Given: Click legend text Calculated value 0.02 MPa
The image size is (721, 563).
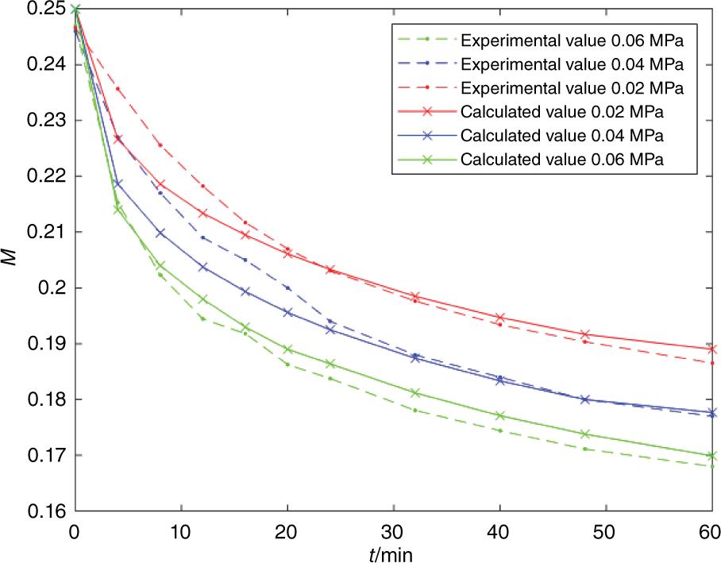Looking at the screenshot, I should click(562, 110).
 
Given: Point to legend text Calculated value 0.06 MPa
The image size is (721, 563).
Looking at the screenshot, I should click(562, 159).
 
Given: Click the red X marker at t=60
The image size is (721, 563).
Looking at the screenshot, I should click(711, 349).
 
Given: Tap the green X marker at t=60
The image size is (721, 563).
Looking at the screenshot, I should click(711, 456).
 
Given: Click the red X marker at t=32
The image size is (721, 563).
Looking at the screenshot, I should click(414, 296).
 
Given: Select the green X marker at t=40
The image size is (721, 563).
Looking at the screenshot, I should click(499, 415).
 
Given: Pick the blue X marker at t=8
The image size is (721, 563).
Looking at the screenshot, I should click(160, 233).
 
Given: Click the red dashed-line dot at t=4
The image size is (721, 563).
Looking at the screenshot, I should click(118, 88).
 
